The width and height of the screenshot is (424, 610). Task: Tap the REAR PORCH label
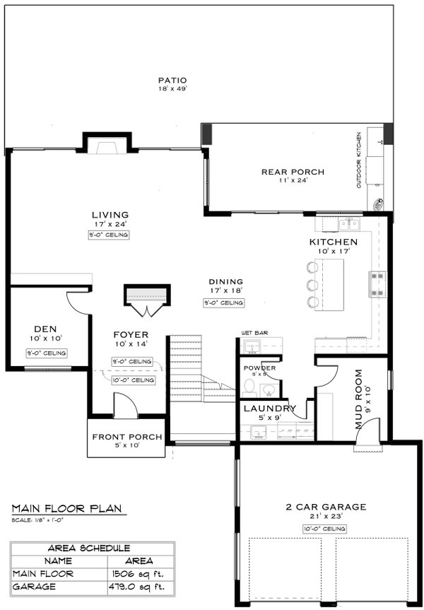[292, 172]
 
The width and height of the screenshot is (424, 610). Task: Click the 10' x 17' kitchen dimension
[332, 252]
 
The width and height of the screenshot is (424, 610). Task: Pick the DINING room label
[225, 281]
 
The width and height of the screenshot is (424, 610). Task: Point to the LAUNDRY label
[269, 409]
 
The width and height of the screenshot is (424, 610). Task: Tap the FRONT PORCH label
[127, 437]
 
